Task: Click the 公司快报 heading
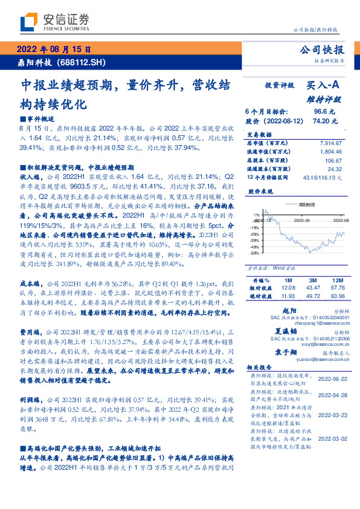[x=321, y=50]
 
